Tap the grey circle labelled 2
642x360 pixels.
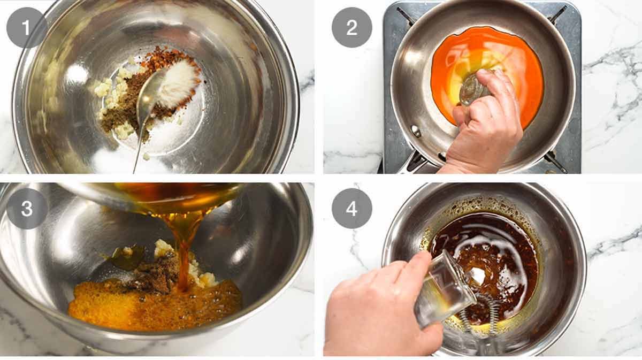click(351, 28)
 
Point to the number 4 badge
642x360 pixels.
click(351, 209)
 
